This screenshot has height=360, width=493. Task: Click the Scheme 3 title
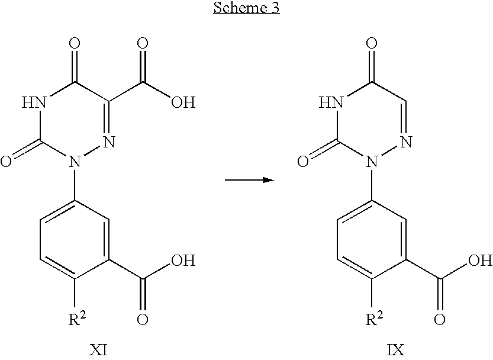click(246, 8)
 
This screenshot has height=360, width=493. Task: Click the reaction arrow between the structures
click(249, 180)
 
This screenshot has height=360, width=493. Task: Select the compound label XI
click(98, 350)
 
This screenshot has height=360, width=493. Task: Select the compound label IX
click(395, 350)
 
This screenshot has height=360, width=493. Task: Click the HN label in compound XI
click(34, 102)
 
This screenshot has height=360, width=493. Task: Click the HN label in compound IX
click(331, 102)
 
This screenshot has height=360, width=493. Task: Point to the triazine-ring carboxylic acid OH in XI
click(183, 102)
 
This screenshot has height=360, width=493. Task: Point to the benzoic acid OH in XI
click(183, 261)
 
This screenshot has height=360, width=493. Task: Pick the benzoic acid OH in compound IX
click(481, 261)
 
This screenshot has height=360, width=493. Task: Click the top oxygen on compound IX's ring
click(372, 43)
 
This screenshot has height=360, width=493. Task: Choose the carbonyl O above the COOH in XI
click(143, 43)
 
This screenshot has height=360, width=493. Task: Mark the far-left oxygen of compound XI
click(6, 162)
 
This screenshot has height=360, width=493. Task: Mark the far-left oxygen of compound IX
click(303, 162)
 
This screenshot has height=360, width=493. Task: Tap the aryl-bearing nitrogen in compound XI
click(75, 162)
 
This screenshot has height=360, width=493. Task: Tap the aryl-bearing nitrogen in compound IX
click(372, 162)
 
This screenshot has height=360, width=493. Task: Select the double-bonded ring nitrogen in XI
click(109, 142)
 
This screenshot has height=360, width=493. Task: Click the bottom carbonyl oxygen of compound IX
click(440, 319)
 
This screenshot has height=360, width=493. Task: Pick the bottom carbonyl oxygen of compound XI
click(143, 319)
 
